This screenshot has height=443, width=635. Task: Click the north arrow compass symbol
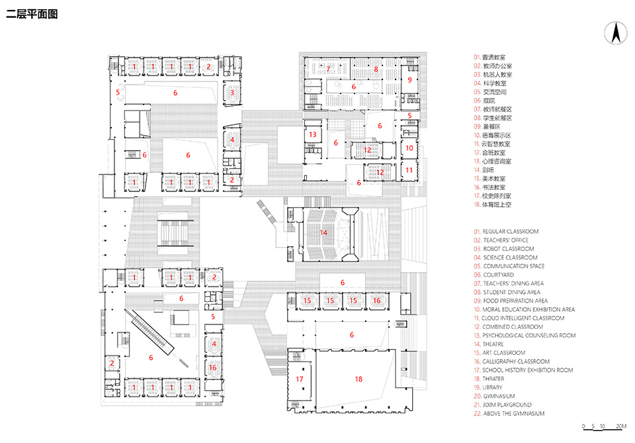point(614,32)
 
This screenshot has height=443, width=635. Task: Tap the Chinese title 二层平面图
point(32,14)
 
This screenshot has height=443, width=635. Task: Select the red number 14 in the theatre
point(323,232)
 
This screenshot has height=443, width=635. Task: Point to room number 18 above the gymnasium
point(359,379)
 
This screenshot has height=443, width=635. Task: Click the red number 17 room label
point(300,379)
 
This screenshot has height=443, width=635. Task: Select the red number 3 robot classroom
point(232,93)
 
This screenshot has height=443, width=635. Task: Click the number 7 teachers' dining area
point(327,69)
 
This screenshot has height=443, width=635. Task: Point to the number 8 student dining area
point(376,69)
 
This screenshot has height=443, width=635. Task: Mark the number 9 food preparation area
point(409,80)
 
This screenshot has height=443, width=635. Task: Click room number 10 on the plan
point(409,148)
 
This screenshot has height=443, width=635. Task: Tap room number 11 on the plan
point(409,170)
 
